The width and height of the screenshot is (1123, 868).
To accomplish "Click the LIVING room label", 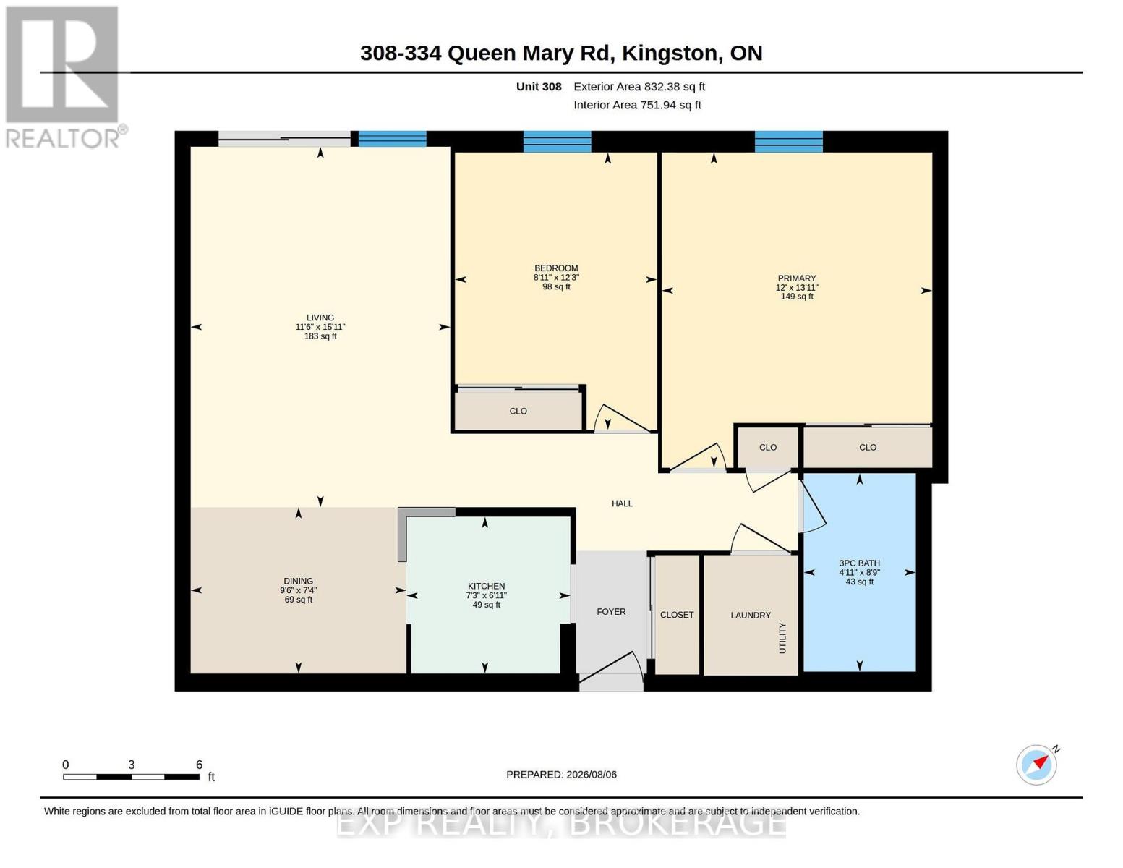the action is [320, 318].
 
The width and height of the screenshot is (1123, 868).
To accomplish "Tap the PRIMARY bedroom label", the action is [796, 278].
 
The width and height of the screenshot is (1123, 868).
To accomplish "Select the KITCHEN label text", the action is [486, 586].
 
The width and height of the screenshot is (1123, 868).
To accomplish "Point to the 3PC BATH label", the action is [859, 563].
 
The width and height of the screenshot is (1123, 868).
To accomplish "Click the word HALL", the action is [622, 503].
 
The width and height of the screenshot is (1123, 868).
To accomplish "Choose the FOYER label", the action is [611, 612].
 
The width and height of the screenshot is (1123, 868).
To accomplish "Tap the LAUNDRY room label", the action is [751, 616].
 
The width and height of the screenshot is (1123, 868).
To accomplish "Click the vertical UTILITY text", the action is [782, 638].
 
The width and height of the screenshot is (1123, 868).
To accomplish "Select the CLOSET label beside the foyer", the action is [677, 615].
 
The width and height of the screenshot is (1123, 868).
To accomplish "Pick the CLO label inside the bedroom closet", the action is [518, 411].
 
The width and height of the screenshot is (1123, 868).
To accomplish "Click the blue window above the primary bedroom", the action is [788, 141].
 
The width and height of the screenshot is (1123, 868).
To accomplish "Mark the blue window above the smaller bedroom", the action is [557, 141].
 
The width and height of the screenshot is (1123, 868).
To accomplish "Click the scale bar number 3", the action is [132, 765].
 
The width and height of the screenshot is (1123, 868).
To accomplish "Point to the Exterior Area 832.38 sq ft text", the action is [639, 87].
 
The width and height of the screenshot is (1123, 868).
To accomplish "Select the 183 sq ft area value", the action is [320, 336].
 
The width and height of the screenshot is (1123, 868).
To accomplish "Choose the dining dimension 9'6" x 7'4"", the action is [298, 590].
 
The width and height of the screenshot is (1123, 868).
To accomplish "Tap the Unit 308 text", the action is [539, 87].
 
